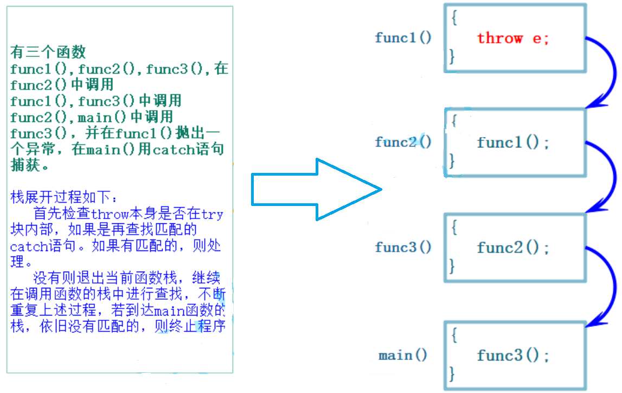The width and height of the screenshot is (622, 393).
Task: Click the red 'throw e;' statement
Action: pos(512,38)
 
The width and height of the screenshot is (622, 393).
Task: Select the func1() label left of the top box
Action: pos(403,38)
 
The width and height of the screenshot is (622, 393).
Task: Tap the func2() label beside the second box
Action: pos(403,143)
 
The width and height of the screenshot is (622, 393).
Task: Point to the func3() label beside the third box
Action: pos(403,248)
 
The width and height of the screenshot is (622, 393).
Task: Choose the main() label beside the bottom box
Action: pos(403,356)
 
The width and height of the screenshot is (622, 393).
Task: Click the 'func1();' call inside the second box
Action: pos(513,143)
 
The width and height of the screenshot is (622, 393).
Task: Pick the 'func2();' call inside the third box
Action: pos(513,248)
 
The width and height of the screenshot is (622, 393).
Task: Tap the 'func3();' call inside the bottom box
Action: pos(513,356)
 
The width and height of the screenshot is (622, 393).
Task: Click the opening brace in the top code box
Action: pos(454,18)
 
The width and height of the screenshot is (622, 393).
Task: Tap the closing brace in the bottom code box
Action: pos(452,373)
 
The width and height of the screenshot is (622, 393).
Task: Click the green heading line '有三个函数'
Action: pos(48,52)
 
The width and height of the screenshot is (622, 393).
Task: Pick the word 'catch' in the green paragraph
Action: pos(170,149)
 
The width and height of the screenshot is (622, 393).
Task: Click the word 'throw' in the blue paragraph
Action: pos(110,214)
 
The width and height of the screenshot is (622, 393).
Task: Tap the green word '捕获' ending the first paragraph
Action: pos(25,165)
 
